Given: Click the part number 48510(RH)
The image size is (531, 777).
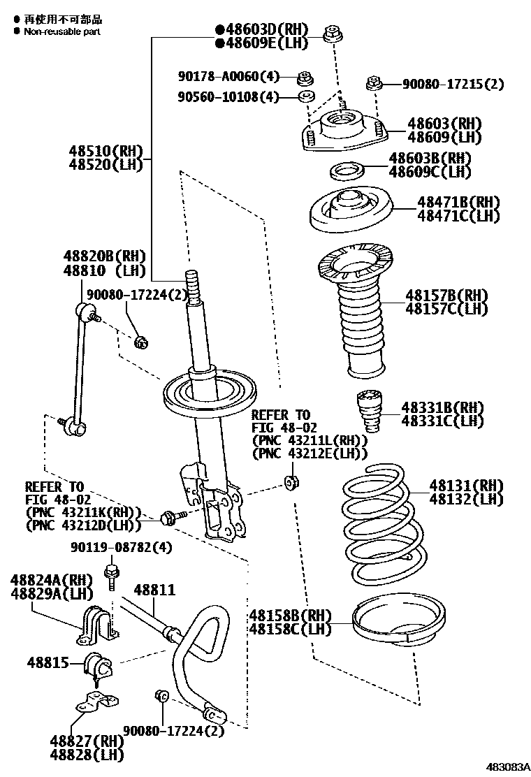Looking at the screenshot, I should point(105,150).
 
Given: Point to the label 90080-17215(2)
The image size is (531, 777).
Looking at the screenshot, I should point(453,85).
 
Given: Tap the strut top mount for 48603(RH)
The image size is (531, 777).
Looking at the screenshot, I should point(342,132).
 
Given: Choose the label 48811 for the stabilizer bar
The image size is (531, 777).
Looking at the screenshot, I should point(154,590).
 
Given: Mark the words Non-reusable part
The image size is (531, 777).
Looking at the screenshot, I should point(62,31).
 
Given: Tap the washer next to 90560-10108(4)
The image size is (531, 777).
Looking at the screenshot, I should point(306,95).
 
